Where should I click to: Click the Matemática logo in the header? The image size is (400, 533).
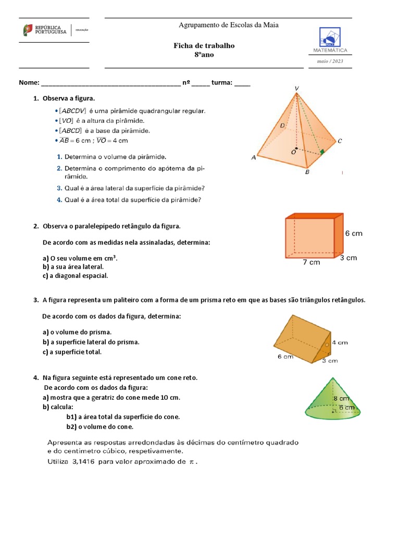[x=330, y=41]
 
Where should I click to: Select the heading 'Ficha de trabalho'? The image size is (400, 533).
[x=204, y=46]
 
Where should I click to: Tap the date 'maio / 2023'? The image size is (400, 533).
[x=330, y=61]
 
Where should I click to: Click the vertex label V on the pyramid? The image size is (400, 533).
[x=296, y=89]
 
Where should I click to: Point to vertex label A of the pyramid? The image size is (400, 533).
[x=254, y=158]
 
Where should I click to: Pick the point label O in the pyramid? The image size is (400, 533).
[x=293, y=153]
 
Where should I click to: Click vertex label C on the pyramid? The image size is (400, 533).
[x=340, y=141]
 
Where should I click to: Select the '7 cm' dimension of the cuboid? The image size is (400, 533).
[x=311, y=262]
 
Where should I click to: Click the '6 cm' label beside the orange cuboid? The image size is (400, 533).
[x=354, y=234]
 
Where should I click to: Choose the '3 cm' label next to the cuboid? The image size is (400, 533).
[x=348, y=258]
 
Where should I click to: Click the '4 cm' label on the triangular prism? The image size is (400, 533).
[x=340, y=342]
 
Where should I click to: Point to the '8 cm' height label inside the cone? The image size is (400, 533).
[x=341, y=398]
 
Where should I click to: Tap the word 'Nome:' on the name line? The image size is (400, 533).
[x=29, y=83]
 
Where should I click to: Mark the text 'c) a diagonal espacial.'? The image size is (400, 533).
[x=76, y=276]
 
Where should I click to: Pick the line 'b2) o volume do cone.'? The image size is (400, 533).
[x=100, y=427]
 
